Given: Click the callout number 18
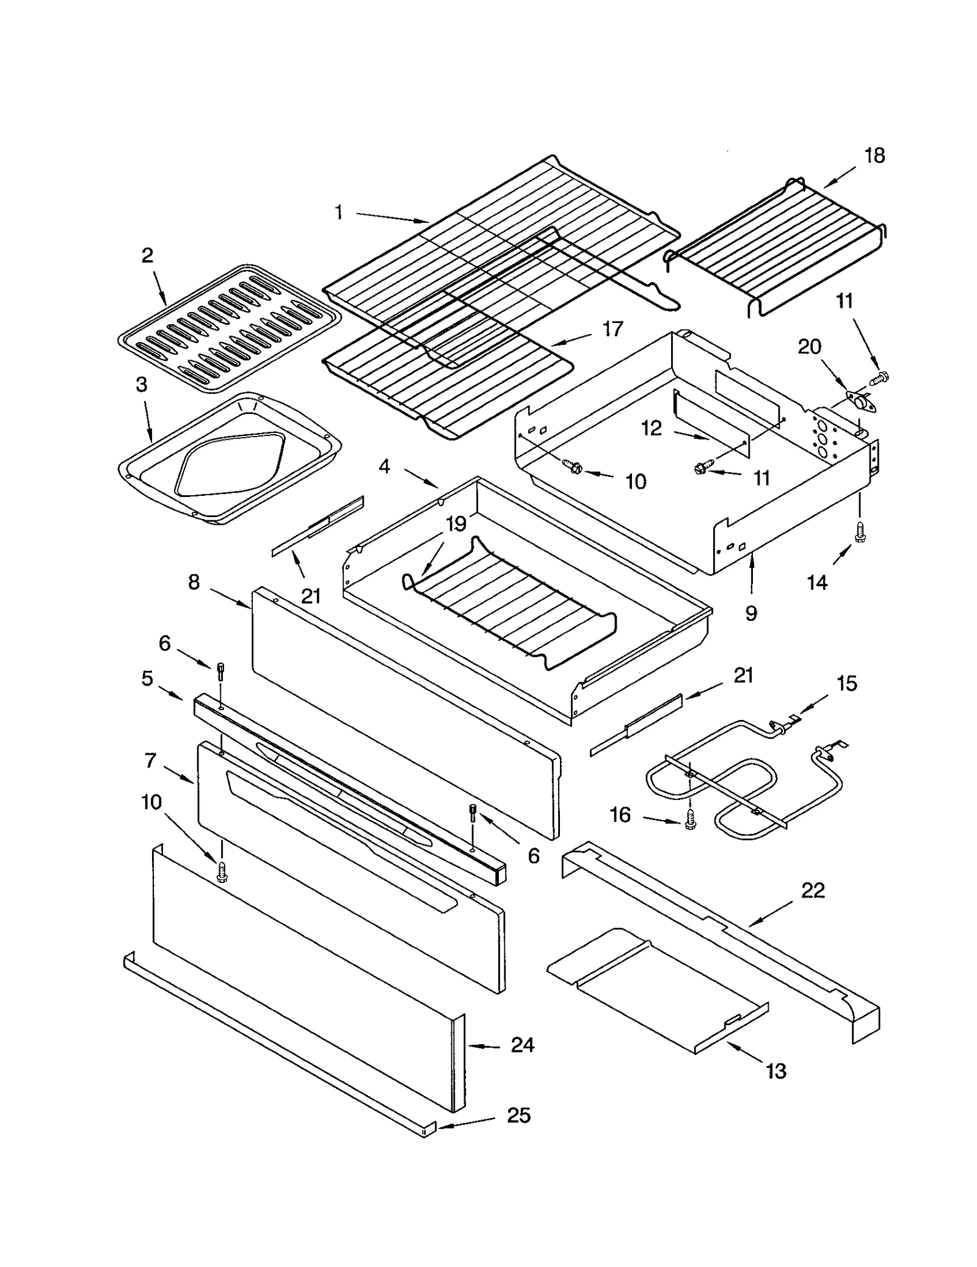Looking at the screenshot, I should click(874, 156).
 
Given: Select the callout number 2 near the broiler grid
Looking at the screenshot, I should click(147, 255).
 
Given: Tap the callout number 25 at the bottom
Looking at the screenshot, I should click(518, 1116).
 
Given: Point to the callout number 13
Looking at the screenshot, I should click(775, 1071).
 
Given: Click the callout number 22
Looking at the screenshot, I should click(812, 890).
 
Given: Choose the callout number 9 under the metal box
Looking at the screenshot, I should click(751, 612).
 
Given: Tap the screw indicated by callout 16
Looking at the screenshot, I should click(690, 822).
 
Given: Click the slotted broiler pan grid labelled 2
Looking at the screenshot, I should click(229, 329).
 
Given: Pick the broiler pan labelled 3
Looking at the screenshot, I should click(229, 458).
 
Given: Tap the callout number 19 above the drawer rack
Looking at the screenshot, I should click(456, 524).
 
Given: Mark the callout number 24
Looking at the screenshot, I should click(523, 1045).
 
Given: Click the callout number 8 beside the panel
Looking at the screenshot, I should click(194, 582).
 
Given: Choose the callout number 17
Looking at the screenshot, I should click(612, 329).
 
